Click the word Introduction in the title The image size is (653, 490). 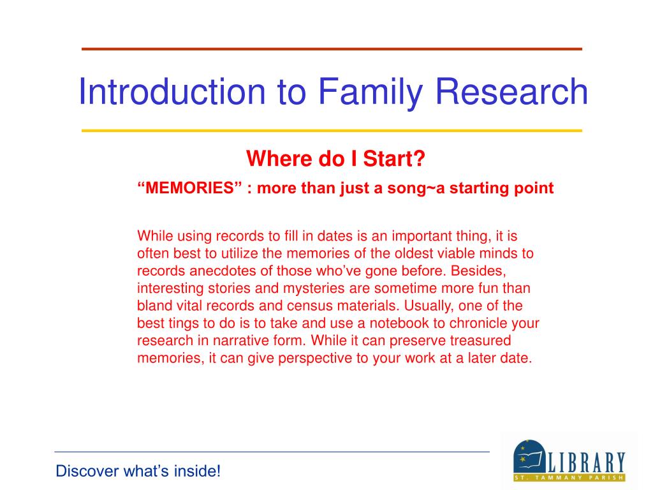point(172,91)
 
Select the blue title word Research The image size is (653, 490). point(511,91)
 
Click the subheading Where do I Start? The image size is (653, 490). point(335,158)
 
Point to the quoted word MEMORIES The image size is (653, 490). point(189,188)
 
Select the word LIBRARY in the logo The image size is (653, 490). point(587,463)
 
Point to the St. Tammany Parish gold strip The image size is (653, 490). point(569,477)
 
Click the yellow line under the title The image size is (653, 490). point(332,131)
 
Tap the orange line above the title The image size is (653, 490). point(332,49)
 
